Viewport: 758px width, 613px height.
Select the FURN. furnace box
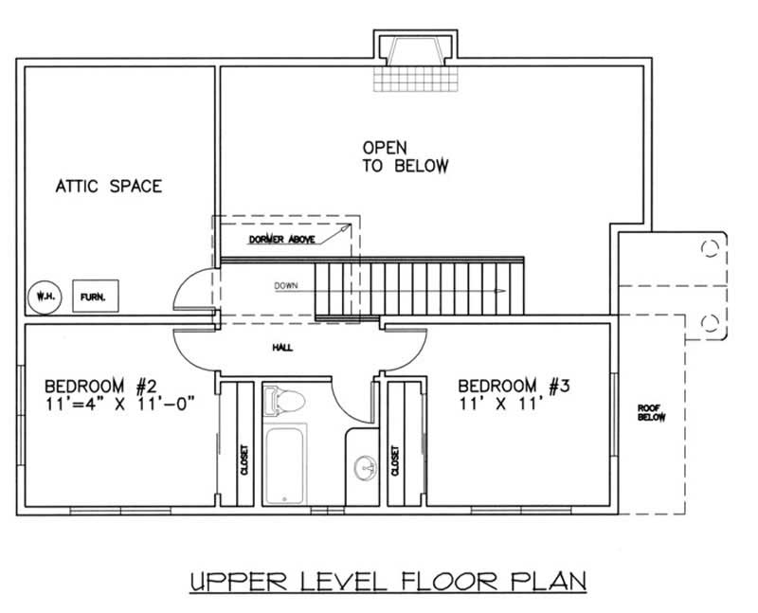click(93, 296)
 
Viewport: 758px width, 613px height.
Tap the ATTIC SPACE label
click(107, 187)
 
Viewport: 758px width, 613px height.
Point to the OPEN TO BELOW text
click(405, 157)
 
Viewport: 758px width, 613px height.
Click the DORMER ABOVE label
click(282, 240)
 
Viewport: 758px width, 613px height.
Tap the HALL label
click(281, 348)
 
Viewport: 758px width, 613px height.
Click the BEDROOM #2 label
click(99, 386)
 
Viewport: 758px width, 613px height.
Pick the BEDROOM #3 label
click(513, 386)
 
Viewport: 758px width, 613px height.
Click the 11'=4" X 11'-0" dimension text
click(119, 405)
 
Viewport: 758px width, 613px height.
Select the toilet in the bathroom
click(283, 401)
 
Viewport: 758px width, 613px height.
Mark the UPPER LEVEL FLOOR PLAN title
click(386, 580)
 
